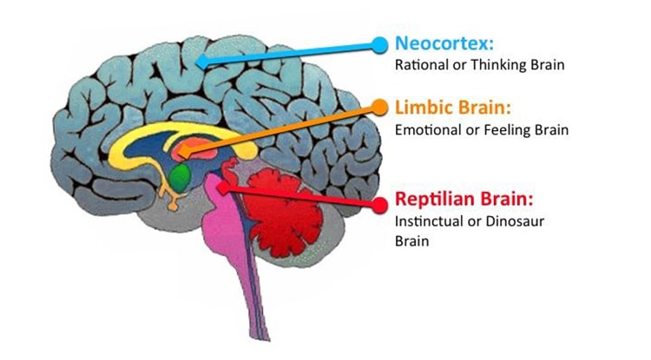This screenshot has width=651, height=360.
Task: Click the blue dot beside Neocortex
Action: pyautogui.click(x=379, y=43)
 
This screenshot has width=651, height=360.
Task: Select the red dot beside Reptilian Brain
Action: pyautogui.click(x=379, y=205)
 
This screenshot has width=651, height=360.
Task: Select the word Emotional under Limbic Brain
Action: pyautogui.click(x=424, y=130)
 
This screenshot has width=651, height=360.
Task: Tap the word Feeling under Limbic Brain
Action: pyautogui.click(x=507, y=130)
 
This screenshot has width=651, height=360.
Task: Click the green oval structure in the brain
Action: pyautogui.click(x=180, y=178)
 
